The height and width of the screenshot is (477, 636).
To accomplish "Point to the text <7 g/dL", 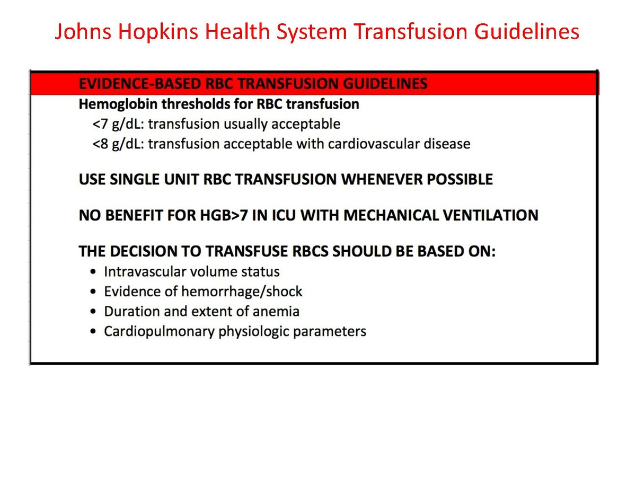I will pos(112,124).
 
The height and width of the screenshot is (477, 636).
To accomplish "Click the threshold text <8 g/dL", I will pos(112,144).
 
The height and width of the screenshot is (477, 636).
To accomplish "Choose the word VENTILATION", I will pos(490,215).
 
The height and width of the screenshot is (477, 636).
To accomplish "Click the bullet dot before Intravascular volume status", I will pos(94,272).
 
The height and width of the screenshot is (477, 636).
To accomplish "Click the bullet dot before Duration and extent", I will pos(94,312).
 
